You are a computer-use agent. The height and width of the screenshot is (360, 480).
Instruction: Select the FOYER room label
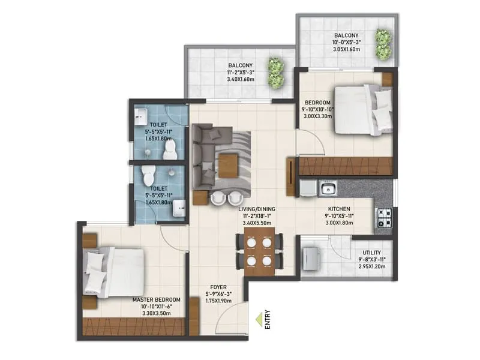(x=217, y=287)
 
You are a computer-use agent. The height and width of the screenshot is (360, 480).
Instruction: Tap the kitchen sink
(x=328, y=190)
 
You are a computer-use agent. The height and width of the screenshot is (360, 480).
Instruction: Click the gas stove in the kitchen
(x=384, y=215)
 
